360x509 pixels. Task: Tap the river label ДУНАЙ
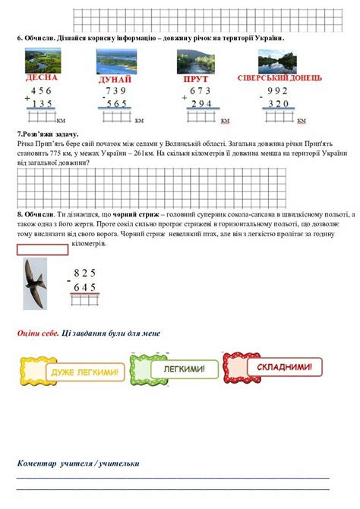pyautogui.click(x=115, y=79)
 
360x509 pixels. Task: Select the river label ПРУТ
pyautogui.click(x=196, y=79)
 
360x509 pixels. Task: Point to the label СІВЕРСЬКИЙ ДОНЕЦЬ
pyautogui.click(x=279, y=78)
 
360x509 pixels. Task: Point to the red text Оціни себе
pyautogui.click(x=38, y=334)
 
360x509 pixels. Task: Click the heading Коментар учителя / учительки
pyautogui.click(x=78, y=463)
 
